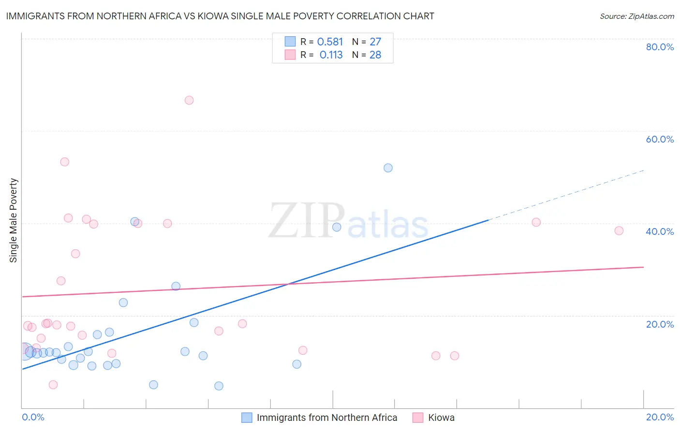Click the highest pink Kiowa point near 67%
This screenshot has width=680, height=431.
click(x=189, y=101)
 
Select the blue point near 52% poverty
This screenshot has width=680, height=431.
click(x=388, y=168)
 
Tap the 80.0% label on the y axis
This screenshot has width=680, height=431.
click(x=660, y=47)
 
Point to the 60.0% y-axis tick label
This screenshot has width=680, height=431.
click(x=660, y=139)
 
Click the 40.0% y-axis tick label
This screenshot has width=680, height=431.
click(x=660, y=231)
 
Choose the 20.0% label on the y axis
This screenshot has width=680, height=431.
click(x=660, y=324)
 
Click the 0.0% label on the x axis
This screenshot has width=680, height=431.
click(x=33, y=417)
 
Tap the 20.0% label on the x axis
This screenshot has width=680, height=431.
click(x=660, y=417)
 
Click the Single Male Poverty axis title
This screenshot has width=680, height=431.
click(x=14, y=220)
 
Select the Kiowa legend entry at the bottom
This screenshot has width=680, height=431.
click(x=441, y=417)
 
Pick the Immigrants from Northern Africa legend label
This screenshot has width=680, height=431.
click(x=326, y=417)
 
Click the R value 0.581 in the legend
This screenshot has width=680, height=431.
click(x=330, y=42)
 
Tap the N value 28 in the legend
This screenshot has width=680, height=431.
click(x=375, y=55)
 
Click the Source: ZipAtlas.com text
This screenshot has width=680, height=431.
click(x=636, y=16)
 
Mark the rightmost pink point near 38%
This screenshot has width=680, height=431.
click(x=619, y=231)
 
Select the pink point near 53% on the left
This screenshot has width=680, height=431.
click(x=65, y=162)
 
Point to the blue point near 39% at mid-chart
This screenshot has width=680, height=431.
click(x=337, y=227)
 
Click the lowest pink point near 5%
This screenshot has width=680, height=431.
click(x=53, y=385)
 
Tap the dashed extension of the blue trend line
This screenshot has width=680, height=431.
click(x=566, y=195)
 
